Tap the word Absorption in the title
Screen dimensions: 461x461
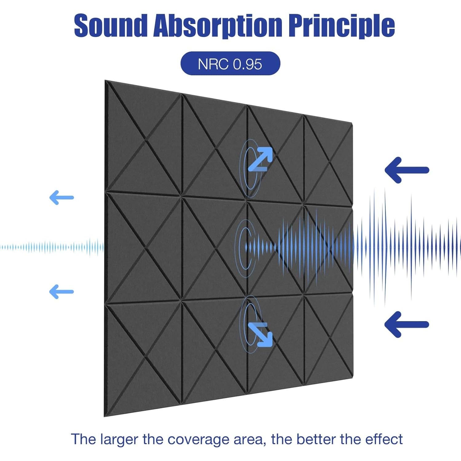[x=217, y=26]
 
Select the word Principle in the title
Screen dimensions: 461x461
[x=341, y=26]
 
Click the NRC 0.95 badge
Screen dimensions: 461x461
[x=230, y=64]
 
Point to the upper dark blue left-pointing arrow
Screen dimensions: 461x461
[x=407, y=170]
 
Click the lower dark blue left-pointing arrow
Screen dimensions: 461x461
[x=407, y=324]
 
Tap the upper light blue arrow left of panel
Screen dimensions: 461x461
[x=61, y=197]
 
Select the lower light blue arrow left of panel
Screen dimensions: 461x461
[x=61, y=292]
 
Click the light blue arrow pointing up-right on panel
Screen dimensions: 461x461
[x=260, y=159]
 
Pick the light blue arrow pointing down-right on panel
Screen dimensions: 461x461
[x=260, y=335]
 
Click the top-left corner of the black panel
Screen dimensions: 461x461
[x=105, y=81]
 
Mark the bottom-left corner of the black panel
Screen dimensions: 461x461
[x=104, y=416]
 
